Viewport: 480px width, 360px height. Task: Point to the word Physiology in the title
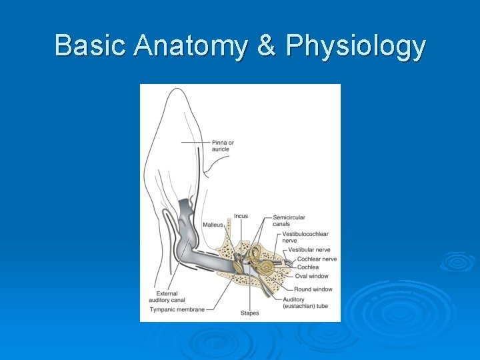pos(356,47)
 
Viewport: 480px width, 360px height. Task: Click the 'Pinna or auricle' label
pos(223,145)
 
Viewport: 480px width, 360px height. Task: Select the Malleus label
pos(213,225)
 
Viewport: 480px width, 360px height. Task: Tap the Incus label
pos(241,217)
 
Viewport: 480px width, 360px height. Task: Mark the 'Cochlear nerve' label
pos(317,259)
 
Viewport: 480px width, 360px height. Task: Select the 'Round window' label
pos(313,289)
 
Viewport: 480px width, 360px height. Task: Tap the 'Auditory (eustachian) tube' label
pos(305,302)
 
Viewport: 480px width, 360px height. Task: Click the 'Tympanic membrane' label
pos(177,309)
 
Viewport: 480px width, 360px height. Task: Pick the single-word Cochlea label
pos(308,267)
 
